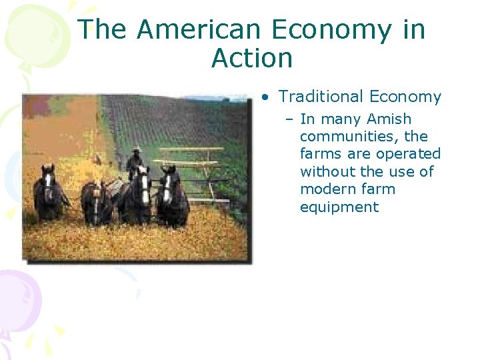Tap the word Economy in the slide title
pyautogui.click(x=326, y=30)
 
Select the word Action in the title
pyautogui.click(x=251, y=59)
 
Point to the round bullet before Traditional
pyautogui.click(x=266, y=97)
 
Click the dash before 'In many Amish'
pyautogui.click(x=291, y=120)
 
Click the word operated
pyautogui.click(x=408, y=154)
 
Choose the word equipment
pyautogui.click(x=339, y=207)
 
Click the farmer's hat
pyautogui.click(x=136, y=149)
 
